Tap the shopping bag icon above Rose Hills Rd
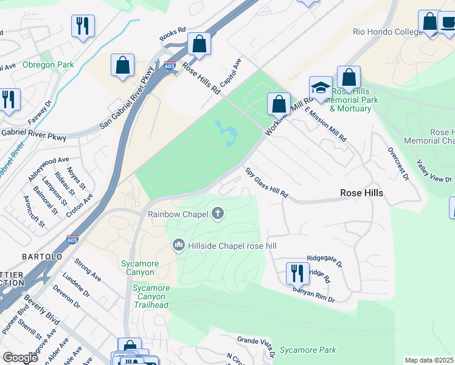click(x=199, y=44)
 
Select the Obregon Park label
click(x=48, y=65)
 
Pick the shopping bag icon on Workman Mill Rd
click(x=279, y=103)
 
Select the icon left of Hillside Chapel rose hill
click(x=179, y=245)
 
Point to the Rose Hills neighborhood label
click(x=361, y=193)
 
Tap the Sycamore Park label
click(x=308, y=350)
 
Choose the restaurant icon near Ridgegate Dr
click(x=297, y=273)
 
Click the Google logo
click(x=20, y=358)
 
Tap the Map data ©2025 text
click(x=429, y=360)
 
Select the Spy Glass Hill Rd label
click(x=266, y=182)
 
